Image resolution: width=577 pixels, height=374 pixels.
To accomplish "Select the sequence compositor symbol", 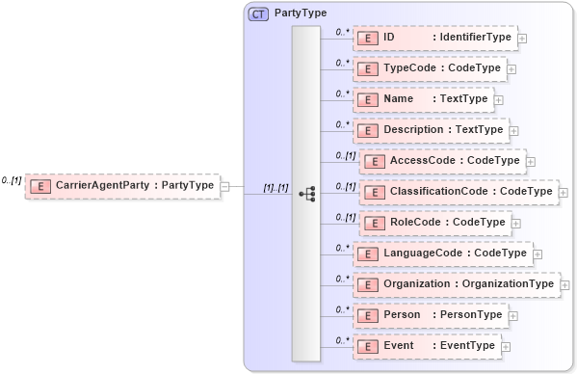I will [306, 194].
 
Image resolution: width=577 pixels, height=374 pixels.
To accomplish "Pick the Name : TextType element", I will [423, 99].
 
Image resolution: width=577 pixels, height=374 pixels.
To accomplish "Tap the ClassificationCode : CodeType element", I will [457, 192].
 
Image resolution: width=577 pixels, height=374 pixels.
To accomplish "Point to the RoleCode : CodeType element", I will [433, 223].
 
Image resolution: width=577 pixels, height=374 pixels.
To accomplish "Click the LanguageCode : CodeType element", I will [442, 254].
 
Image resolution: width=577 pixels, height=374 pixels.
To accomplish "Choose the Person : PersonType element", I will [430, 315].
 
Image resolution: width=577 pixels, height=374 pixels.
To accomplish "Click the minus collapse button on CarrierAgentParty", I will [224, 186].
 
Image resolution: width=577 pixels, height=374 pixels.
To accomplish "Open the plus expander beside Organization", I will [564, 285].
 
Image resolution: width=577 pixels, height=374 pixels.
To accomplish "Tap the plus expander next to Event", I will [506, 347].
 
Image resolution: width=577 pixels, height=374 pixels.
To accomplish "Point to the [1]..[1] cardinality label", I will [275, 188].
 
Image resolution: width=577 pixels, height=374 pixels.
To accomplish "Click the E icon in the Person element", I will [366, 315].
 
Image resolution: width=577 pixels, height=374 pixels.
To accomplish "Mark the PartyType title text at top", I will [301, 13].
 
